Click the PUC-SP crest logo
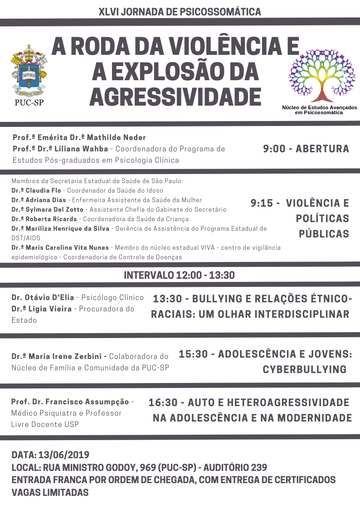coord(29,73)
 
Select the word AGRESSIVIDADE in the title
coord(175,96)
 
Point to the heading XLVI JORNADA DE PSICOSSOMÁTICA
coord(180,11)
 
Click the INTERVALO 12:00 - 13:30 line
coord(179,275)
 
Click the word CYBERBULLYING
coord(305,369)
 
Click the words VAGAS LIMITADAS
coord(50,492)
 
